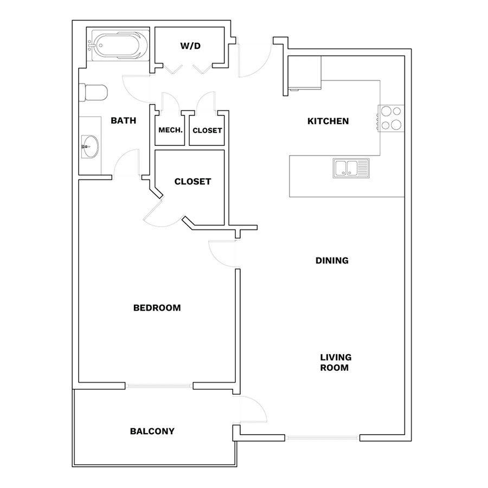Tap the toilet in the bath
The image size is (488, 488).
coord(93,92)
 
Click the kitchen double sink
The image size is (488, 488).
coord(351,168)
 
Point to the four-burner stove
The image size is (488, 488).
coord(391,118)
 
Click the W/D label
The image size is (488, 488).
coord(190,46)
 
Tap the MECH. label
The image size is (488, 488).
coord(170,130)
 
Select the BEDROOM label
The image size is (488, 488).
coord(157,308)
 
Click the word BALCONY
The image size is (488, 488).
coord(152,431)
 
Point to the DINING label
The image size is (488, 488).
coord(332,260)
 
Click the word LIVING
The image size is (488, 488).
coord(336,357)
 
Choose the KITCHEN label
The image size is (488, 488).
coord(328,121)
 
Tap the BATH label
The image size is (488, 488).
coord(124,120)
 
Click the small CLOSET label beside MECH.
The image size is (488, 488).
coord(207,130)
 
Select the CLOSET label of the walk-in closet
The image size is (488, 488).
coord(192,182)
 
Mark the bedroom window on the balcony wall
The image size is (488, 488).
coord(159,386)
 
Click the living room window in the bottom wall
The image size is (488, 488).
coord(322,438)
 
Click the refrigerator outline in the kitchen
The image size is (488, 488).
coord(305,73)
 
